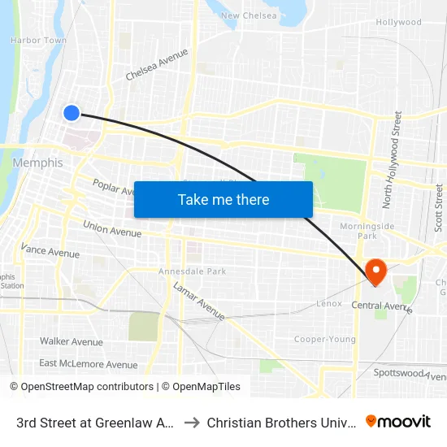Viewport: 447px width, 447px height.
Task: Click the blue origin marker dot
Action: [72, 113]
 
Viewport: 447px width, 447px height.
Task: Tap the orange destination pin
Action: [376, 270]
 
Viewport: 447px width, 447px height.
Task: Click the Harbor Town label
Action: [38, 40]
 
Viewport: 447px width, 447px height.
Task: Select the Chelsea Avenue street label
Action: [157, 64]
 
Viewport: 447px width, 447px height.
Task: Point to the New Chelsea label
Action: [249, 15]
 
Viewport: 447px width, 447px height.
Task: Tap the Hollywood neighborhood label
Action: [398, 23]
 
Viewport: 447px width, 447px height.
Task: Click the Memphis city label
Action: [37, 163]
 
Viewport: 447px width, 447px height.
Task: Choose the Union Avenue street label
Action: [112, 228]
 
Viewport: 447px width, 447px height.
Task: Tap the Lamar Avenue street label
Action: [198, 300]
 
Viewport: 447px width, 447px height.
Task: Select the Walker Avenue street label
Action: [72, 341]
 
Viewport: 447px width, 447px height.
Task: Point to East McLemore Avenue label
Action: [88, 364]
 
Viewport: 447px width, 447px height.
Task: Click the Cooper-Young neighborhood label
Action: [324, 339]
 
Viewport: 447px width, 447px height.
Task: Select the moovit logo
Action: [398, 421]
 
